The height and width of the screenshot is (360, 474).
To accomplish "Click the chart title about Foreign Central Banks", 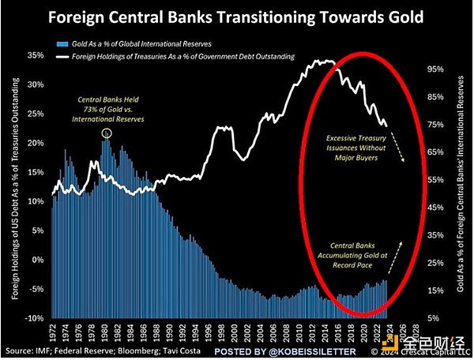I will tap(237, 16).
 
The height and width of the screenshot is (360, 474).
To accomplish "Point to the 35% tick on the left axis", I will tap(34, 57).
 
